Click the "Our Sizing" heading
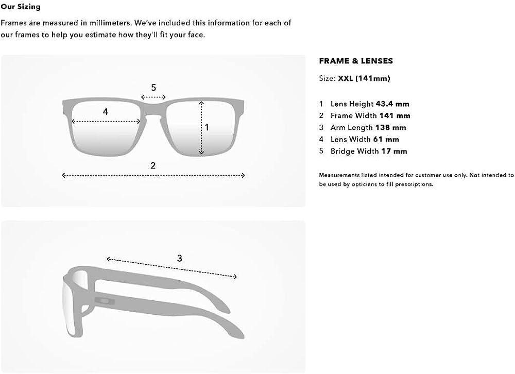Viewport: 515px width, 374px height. (21, 7)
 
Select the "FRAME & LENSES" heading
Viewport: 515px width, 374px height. (356, 61)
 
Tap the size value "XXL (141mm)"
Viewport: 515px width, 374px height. (364, 78)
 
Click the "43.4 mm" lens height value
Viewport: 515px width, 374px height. (392, 104)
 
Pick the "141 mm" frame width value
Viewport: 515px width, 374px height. (394, 116)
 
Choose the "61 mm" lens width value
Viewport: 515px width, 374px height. (386, 139)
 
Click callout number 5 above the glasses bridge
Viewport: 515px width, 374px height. (153, 88)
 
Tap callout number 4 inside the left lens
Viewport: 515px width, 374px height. (106, 112)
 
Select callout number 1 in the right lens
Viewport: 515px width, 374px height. (207, 127)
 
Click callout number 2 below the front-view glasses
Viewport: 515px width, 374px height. (153, 166)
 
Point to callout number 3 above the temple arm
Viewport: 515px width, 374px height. (179, 258)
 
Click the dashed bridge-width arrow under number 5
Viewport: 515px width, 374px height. (153, 97)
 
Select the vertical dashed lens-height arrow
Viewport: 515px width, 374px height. (201, 128)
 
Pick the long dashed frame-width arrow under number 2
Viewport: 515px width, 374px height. (153, 176)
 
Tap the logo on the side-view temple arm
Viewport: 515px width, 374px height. (105, 300)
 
